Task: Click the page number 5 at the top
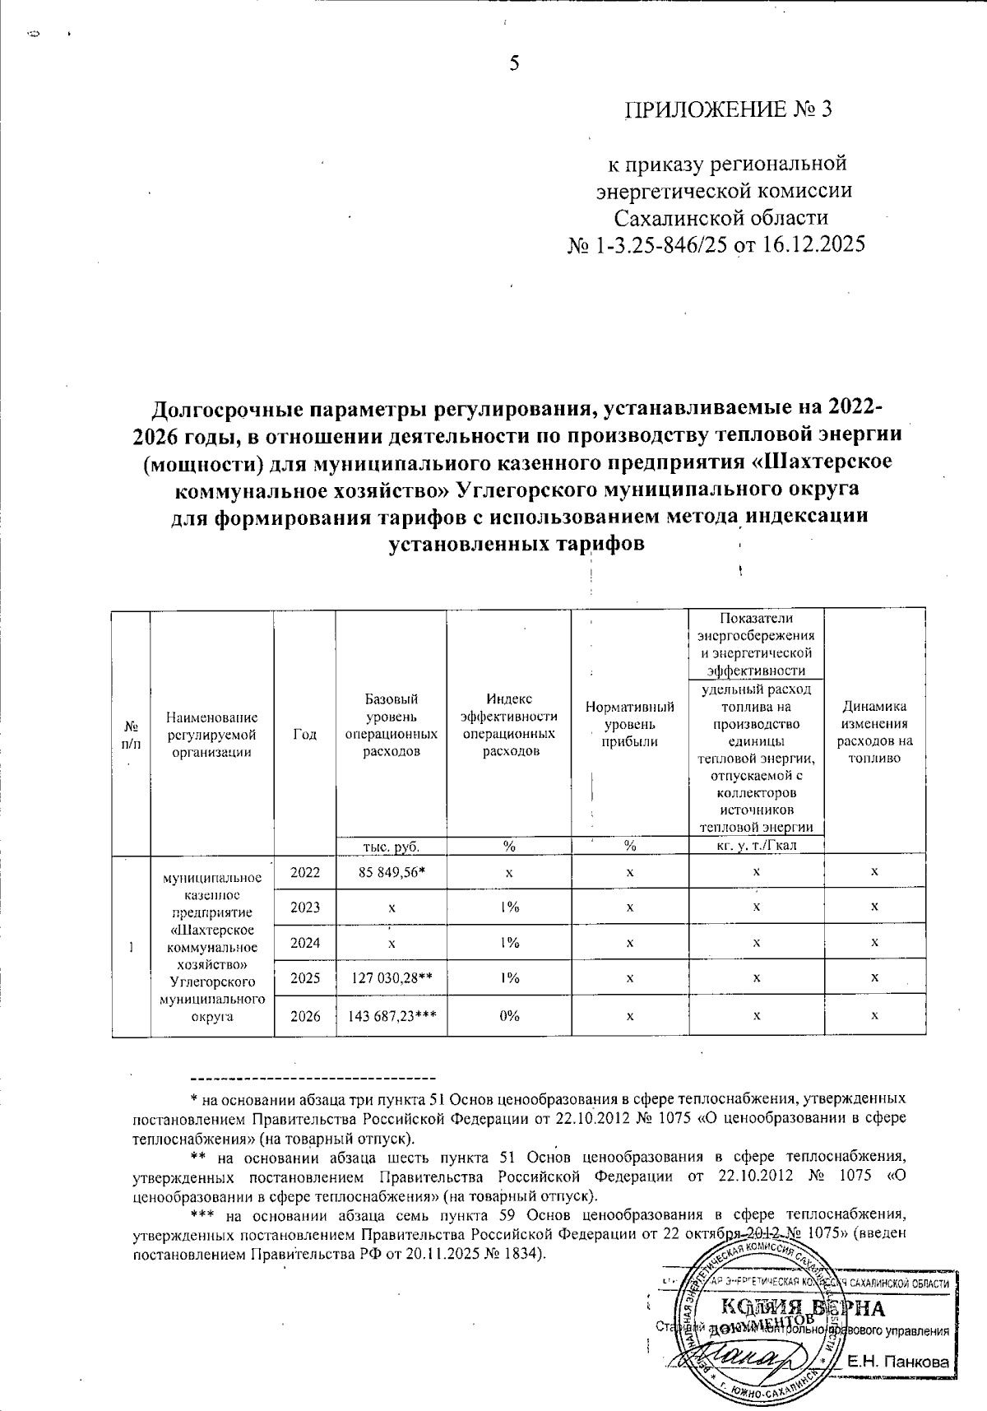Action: [x=515, y=63]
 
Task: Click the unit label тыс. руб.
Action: [x=391, y=845]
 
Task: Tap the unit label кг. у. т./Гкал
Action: [x=756, y=846]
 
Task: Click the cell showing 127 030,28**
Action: [x=392, y=977]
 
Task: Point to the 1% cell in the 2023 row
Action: [x=509, y=907]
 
